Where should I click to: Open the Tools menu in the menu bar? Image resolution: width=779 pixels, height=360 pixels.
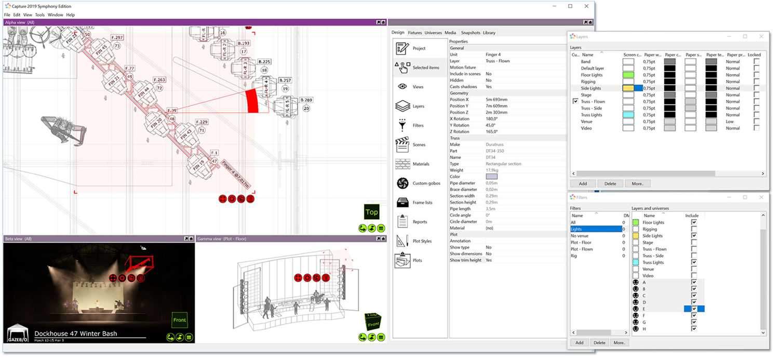point(39,15)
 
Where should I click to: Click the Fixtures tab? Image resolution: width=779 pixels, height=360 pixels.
point(414,33)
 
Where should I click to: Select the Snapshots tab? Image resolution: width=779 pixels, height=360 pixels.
point(471,33)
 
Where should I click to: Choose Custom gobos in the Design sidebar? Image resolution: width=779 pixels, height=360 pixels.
point(426,183)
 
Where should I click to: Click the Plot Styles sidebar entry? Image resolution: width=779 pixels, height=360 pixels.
point(422,241)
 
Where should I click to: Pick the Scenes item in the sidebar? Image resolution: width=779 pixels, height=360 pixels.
point(419,145)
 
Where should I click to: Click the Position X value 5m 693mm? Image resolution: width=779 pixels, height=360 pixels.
point(496,100)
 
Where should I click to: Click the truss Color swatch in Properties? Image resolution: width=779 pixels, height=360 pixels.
point(491,177)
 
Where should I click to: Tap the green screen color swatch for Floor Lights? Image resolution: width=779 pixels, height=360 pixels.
point(629,75)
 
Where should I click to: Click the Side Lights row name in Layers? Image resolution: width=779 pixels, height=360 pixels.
point(591,88)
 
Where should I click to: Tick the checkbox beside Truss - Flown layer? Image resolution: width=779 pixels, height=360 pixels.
point(575,102)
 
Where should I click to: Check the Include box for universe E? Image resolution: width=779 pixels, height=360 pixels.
point(694,309)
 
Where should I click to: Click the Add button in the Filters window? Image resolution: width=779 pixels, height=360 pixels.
point(580,343)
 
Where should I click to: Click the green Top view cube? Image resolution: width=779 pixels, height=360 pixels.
point(371,212)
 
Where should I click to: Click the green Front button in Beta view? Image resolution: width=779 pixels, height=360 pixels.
point(179,320)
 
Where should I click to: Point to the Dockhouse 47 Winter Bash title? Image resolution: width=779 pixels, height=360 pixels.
point(75,334)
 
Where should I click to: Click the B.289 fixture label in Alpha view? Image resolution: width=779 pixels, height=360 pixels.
point(306,100)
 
